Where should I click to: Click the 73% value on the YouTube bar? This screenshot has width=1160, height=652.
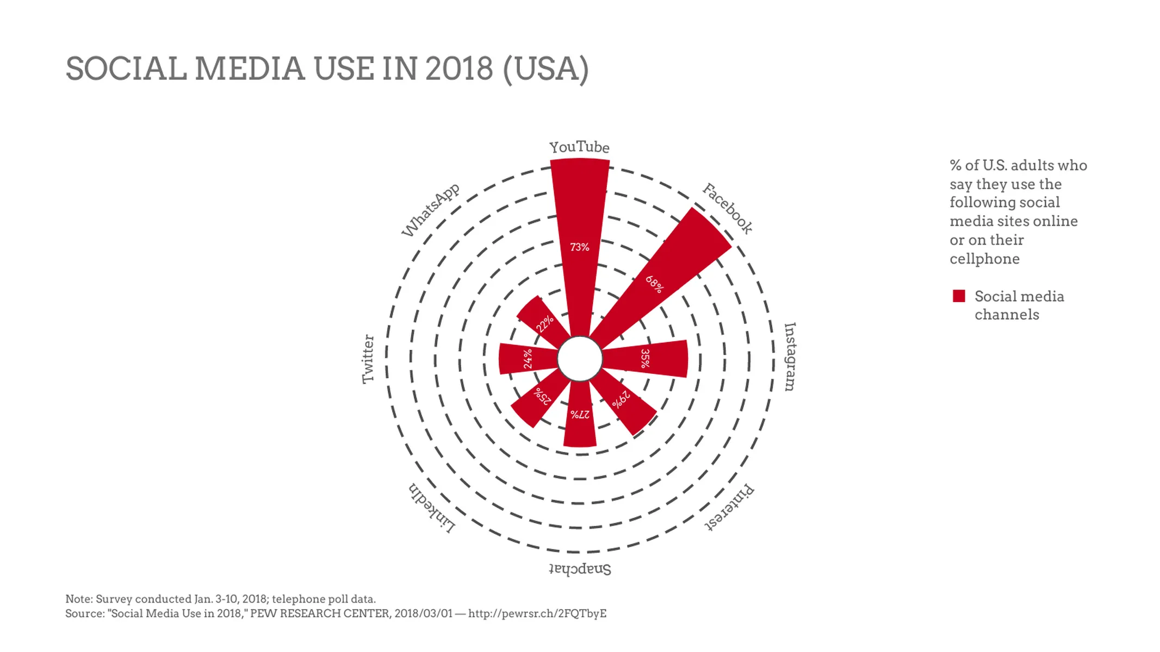point(579,247)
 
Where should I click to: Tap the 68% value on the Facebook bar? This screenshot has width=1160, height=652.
point(654,284)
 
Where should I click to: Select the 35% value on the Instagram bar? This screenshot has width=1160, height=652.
point(645,359)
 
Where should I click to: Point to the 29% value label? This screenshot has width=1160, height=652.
point(621,399)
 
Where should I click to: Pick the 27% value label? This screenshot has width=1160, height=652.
point(580,415)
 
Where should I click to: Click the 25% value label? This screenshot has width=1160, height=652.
point(543,396)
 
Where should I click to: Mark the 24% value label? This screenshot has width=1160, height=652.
point(528,359)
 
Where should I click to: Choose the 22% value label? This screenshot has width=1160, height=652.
point(544,323)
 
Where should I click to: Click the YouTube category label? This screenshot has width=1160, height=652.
point(579,147)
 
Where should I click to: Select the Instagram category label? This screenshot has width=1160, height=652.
point(790,357)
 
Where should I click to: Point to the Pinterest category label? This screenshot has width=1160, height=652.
point(729,507)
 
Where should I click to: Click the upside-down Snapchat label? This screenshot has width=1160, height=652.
point(580,569)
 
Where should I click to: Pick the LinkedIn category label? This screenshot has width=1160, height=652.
point(432,508)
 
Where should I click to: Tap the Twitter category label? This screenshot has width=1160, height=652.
point(368,359)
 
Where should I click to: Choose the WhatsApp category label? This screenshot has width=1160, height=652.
point(431,210)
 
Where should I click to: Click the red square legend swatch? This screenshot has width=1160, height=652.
point(959,296)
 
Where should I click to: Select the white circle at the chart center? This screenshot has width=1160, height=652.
point(580,359)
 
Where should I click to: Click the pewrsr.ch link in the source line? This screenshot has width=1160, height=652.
point(537,614)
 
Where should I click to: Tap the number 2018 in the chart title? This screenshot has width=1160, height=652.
point(459,69)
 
